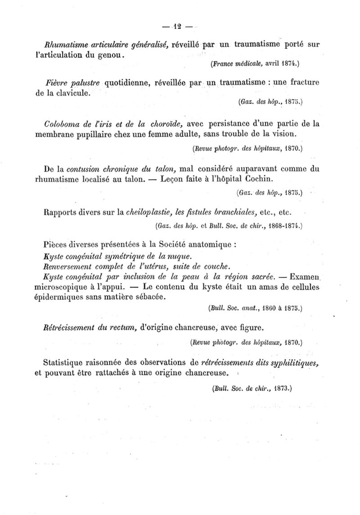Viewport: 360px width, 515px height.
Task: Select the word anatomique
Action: coord(210,245)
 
